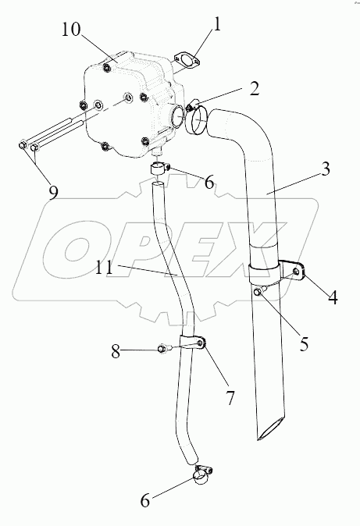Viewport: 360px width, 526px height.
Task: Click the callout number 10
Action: tap(71, 30)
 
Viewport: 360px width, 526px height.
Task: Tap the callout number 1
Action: tap(217, 24)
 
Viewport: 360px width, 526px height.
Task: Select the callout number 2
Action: tap(255, 88)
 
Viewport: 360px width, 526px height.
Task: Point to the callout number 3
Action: tap(325, 170)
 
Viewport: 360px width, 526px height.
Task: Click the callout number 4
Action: tap(333, 297)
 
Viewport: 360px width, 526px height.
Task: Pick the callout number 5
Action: tap(304, 343)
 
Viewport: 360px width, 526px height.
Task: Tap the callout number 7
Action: tap(230, 398)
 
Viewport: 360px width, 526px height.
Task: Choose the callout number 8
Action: tap(116, 352)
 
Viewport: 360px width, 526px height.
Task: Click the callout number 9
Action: tap(53, 193)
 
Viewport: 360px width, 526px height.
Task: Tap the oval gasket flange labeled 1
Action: tap(187, 61)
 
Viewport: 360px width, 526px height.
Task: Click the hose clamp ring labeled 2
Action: tap(197, 119)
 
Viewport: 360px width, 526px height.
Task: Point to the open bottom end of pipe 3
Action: tap(270, 428)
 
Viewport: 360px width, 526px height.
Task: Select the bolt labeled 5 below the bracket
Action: tap(260, 291)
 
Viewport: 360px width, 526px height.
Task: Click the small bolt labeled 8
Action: tap(164, 348)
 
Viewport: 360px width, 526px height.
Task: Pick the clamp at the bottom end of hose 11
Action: tap(201, 474)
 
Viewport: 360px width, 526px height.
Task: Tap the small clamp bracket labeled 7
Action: tap(192, 343)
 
